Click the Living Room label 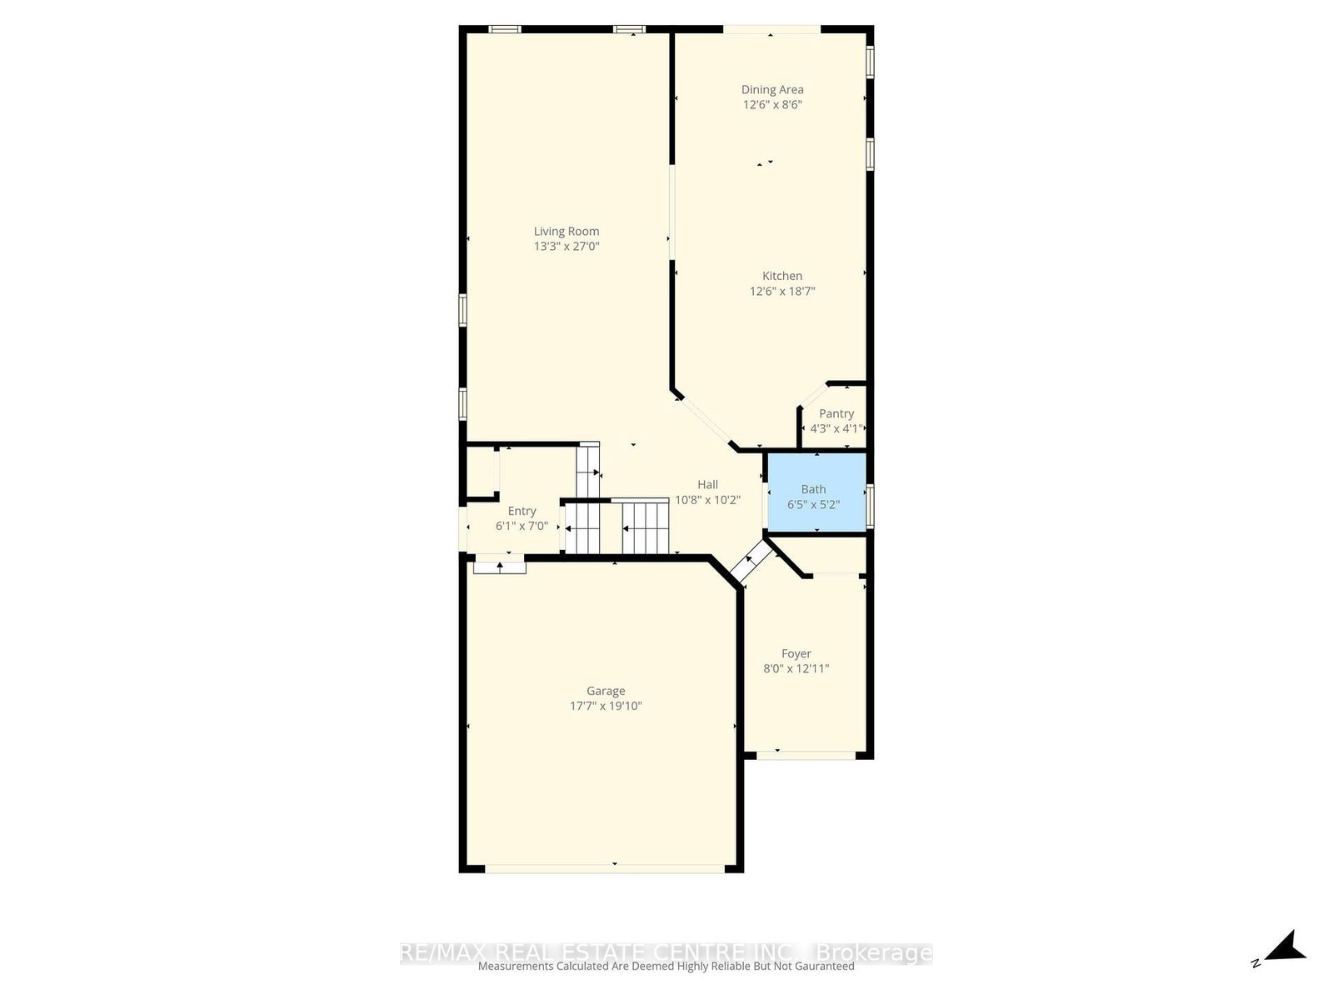[x=567, y=232]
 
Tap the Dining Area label [x=772, y=90]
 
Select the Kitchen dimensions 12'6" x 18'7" [x=782, y=292]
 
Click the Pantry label [x=836, y=414]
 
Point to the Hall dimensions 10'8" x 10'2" [x=707, y=500]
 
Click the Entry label [x=522, y=512]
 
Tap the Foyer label [x=796, y=654]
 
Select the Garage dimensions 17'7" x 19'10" [x=606, y=707]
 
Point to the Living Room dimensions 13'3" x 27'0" [x=567, y=247]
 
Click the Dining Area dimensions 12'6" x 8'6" [x=772, y=105]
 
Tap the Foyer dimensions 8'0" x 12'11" [x=796, y=668]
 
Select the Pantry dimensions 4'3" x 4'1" [x=836, y=429]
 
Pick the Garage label [x=606, y=691]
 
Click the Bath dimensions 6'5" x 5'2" [x=814, y=504]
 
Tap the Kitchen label [x=782, y=277]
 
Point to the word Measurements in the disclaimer [x=515, y=967]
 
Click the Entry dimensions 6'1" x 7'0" [x=522, y=527]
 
